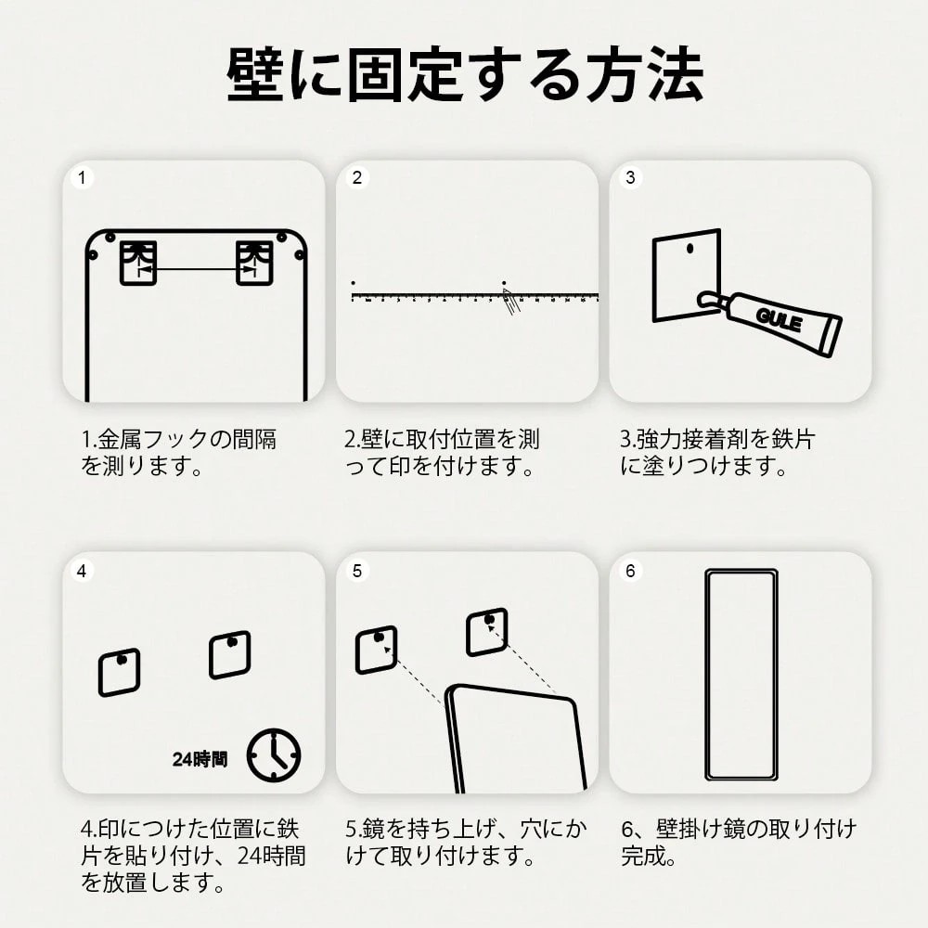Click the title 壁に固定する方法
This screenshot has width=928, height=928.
[x=465, y=74]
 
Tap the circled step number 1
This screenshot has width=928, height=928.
[x=82, y=177]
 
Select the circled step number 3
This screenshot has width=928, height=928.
[x=630, y=177]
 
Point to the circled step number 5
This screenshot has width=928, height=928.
[x=357, y=571]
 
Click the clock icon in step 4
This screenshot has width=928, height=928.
[x=274, y=755]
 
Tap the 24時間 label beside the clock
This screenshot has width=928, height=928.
[x=200, y=759]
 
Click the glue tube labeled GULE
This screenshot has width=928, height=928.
[x=770, y=320]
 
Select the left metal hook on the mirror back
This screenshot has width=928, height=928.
[x=138, y=263]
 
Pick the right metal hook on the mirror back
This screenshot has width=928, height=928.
[x=254, y=263]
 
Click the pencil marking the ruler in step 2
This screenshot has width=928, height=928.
[x=510, y=302]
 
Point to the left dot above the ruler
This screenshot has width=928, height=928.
[x=354, y=283]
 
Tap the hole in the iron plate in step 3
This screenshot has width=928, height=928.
[x=690, y=249]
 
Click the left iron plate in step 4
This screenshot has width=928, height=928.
[x=120, y=672]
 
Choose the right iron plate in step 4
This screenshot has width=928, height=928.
[x=230, y=654]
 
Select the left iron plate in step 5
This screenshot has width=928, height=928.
[x=377, y=650]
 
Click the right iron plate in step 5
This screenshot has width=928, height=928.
[x=487, y=632]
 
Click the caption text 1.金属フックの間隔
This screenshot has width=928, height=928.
[x=179, y=440]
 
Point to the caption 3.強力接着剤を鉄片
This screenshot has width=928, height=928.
[x=718, y=440]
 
